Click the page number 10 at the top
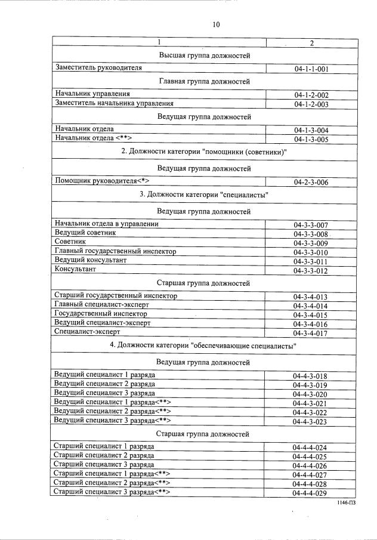point(216,24)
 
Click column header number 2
point(311,42)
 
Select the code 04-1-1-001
point(311,69)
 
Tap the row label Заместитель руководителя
point(98,68)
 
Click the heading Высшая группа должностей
point(204,55)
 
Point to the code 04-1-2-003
point(311,104)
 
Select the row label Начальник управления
point(92,94)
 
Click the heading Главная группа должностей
point(204,81)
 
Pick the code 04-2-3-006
point(311,183)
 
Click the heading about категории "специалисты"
point(204,195)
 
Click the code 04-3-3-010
point(311,252)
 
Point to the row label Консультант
point(75,269)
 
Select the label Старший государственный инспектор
point(116,295)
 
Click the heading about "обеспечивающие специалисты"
point(203,345)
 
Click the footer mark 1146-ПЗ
point(348,504)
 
